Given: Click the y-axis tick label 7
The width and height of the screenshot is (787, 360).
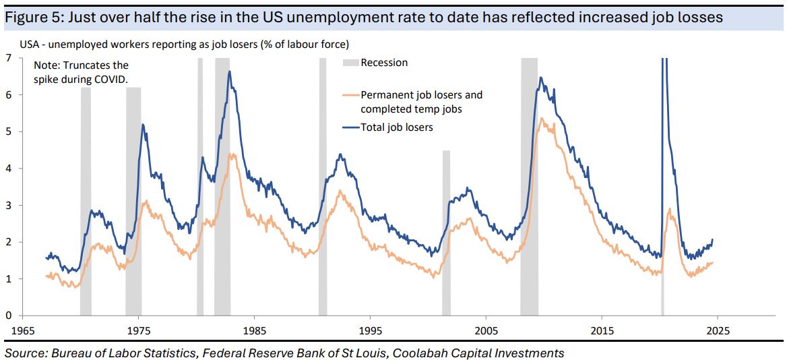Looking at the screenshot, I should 8,58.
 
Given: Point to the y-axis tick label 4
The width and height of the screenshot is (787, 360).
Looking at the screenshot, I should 8,169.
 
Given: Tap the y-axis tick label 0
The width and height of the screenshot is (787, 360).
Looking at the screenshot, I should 8,316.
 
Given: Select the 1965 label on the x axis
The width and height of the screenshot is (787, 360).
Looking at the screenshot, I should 23,331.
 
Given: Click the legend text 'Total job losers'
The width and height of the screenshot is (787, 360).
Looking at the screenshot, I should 397,127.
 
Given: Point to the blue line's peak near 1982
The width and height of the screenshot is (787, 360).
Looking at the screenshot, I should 229,71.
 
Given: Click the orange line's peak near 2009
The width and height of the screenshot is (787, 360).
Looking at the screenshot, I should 542,119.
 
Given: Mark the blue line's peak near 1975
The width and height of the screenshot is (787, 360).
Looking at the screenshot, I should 142,124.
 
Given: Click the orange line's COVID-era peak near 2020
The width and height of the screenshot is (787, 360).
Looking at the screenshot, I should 669,210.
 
